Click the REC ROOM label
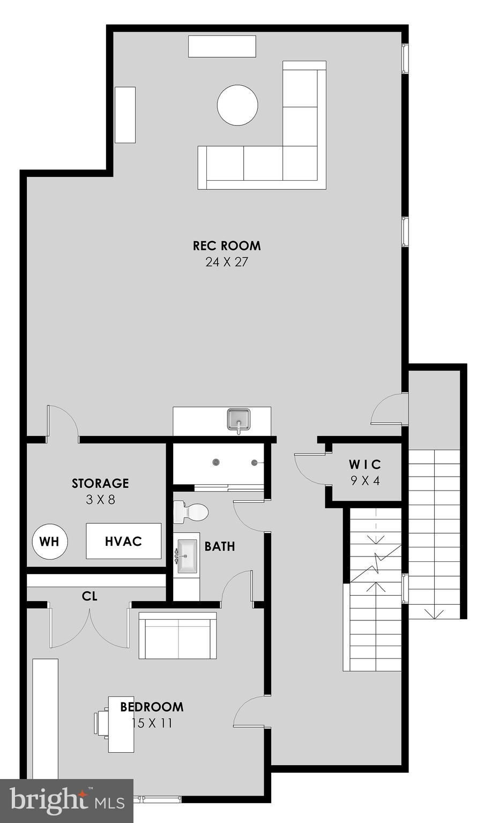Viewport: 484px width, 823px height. pos(227,246)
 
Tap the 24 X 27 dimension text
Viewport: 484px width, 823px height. pos(227,262)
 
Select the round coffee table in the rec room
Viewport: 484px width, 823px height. pos(237,105)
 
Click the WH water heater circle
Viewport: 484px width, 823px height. pos(50,542)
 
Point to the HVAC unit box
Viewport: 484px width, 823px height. pos(123,541)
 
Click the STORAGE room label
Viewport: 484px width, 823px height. pos(100,483)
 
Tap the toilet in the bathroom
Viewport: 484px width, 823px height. pos(191,513)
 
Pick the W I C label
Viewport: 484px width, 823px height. pos(365,464)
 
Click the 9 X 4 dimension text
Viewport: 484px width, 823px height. pos(365,480)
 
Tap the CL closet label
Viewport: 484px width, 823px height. pos(90,596)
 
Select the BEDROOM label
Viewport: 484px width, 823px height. pos(152,707)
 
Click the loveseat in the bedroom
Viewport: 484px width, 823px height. pos(178,636)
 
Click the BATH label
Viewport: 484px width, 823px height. pos(220,546)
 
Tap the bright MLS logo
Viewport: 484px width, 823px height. pos(66,800)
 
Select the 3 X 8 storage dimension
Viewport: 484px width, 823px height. pos(100,500)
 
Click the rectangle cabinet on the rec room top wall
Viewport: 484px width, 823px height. pos(222,46)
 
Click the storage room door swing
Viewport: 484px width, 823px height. pos(62,422)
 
